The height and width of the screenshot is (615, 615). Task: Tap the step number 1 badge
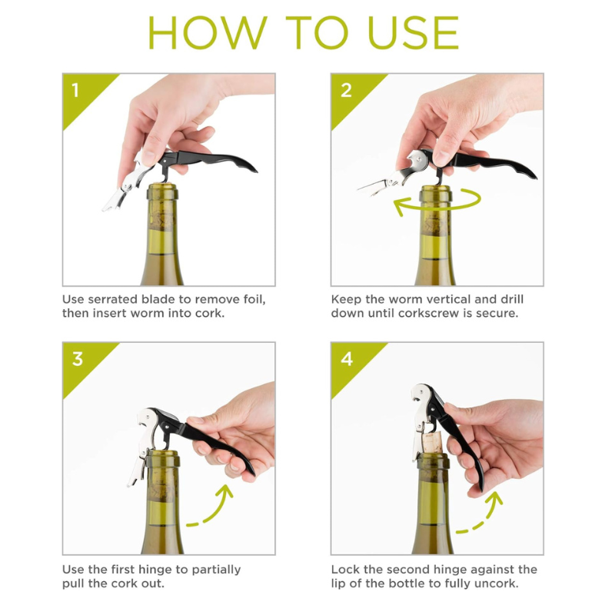pyautogui.click(x=75, y=90)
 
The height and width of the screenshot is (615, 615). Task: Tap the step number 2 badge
pyautogui.click(x=346, y=90)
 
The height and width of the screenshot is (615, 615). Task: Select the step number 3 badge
pyautogui.click(x=78, y=359)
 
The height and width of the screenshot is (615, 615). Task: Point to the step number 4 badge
pyautogui.click(x=347, y=359)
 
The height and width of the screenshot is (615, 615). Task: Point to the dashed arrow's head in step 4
pyautogui.click(x=494, y=499)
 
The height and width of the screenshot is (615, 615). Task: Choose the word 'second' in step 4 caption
pyautogui.click(x=416, y=570)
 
